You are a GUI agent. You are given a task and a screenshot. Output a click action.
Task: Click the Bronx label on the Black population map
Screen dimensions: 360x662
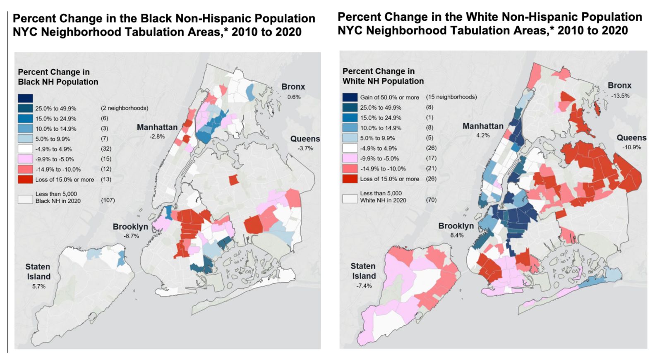point(293,87)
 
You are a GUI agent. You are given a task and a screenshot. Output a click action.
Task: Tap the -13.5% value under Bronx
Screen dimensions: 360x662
point(620,96)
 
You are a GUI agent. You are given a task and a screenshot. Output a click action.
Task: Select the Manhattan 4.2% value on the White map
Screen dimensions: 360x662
point(483,135)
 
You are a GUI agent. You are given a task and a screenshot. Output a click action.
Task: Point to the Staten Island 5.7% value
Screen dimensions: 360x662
point(38,286)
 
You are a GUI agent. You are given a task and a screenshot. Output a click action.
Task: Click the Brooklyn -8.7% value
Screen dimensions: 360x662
point(131,236)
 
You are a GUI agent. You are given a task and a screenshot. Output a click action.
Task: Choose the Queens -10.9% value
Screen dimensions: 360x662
point(631,147)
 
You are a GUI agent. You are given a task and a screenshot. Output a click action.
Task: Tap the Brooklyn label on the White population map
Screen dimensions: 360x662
point(456,226)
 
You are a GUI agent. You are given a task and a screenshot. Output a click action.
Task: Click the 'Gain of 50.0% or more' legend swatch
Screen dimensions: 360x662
point(350,97)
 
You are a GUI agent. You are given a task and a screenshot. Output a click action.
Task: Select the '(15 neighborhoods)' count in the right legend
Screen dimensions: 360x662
point(451,97)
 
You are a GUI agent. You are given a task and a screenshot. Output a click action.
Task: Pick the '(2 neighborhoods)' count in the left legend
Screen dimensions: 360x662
point(124,108)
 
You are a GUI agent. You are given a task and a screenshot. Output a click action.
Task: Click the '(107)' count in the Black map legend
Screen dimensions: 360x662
point(108,200)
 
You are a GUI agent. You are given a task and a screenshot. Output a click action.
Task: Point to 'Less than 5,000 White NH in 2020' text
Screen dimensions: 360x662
point(383,197)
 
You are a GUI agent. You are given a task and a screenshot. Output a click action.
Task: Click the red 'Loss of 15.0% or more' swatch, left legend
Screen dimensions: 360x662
point(25,180)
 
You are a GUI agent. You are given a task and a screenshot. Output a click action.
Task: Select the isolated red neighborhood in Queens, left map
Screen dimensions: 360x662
point(233,180)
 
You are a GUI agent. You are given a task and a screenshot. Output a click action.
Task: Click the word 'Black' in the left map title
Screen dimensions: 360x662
point(156,19)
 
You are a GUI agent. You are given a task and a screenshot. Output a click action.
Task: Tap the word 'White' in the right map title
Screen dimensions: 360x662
point(482,17)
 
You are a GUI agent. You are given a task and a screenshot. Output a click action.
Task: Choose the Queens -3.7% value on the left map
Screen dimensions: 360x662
point(305,148)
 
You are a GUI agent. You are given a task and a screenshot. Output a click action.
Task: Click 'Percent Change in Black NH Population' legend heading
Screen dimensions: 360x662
point(58,77)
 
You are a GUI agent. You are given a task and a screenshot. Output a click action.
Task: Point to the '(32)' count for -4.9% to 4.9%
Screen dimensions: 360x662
point(106,149)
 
